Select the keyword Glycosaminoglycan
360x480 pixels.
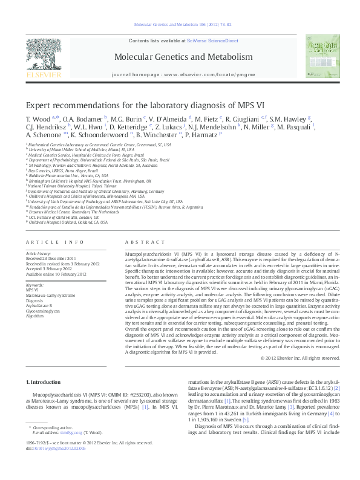42,309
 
